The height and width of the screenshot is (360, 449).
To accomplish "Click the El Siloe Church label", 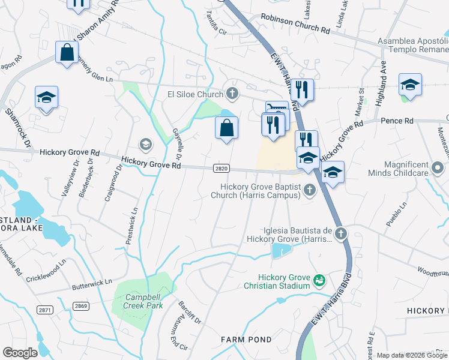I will (194, 94).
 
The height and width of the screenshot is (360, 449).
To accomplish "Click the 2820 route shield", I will (220, 169).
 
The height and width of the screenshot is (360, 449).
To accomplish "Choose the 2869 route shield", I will (81, 306).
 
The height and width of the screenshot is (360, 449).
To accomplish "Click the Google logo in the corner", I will (20, 352).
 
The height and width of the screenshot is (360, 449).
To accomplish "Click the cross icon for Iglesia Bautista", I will (341, 233).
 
